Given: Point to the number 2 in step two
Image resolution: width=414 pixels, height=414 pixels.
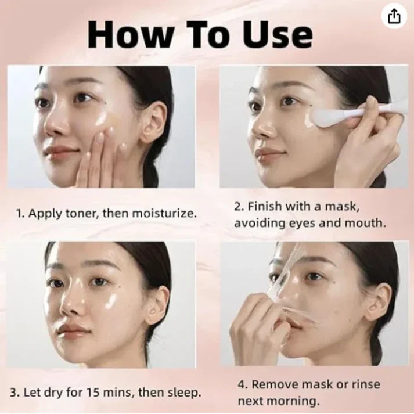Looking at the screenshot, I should pyautogui.click(x=237, y=206).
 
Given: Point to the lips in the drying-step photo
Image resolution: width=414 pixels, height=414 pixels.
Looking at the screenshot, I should pyautogui.click(x=74, y=332).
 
